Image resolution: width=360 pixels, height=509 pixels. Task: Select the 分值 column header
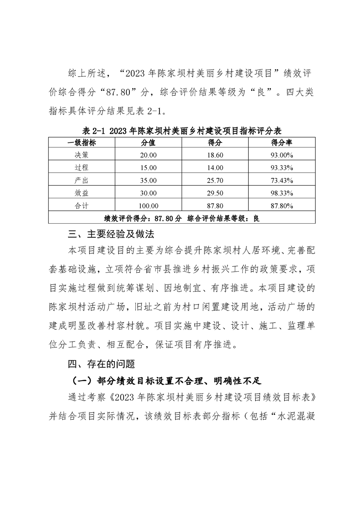(148, 142)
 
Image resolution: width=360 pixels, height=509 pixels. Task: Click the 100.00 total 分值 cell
(148, 206)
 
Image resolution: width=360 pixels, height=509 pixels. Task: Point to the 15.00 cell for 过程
(148, 167)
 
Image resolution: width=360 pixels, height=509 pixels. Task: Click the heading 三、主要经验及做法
(111, 235)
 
